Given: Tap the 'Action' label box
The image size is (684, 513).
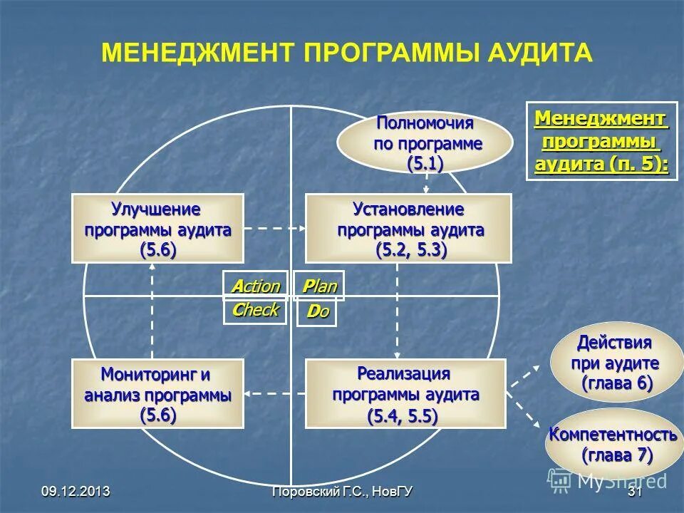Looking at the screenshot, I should pyautogui.click(x=255, y=286).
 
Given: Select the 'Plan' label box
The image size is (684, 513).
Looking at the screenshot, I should pyautogui.click(x=319, y=286).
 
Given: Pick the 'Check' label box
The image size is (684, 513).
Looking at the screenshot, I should pyautogui.click(x=255, y=311).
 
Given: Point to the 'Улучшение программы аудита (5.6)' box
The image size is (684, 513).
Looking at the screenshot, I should pyautogui.click(x=158, y=228).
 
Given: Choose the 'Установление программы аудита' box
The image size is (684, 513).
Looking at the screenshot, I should pyautogui.click(x=408, y=228).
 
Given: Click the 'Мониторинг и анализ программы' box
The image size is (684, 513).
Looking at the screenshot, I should pyautogui.click(x=158, y=394).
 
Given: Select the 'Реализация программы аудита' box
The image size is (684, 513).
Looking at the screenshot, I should pyautogui.click(x=405, y=394).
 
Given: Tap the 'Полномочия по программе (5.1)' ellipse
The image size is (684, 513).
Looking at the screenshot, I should pyautogui.click(x=425, y=142).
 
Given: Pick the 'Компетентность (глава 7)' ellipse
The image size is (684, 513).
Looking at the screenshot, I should pyautogui.click(x=611, y=442).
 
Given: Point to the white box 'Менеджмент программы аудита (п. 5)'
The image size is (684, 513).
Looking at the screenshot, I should pyautogui.click(x=602, y=141).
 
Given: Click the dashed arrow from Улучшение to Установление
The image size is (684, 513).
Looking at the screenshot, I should pyautogui.click(x=275, y=228).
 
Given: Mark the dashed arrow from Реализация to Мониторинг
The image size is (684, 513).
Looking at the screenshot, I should pyautogui.click(x=275, y=393).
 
